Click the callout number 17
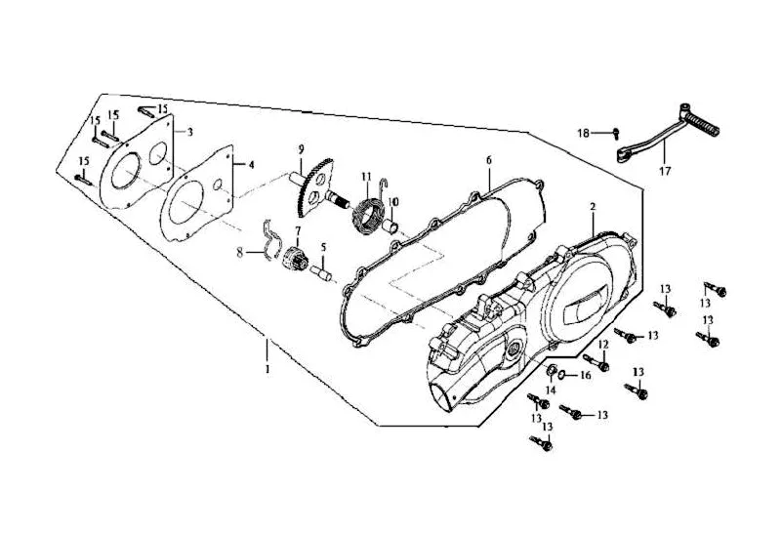(x=666, y=172)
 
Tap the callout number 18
(x=583, y=133)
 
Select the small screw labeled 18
(x=617, y=133)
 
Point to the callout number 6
(x=489, y=160)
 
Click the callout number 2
(x=593, y=207)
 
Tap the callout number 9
(x=301, y=148)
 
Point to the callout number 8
(x=240, y=253)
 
